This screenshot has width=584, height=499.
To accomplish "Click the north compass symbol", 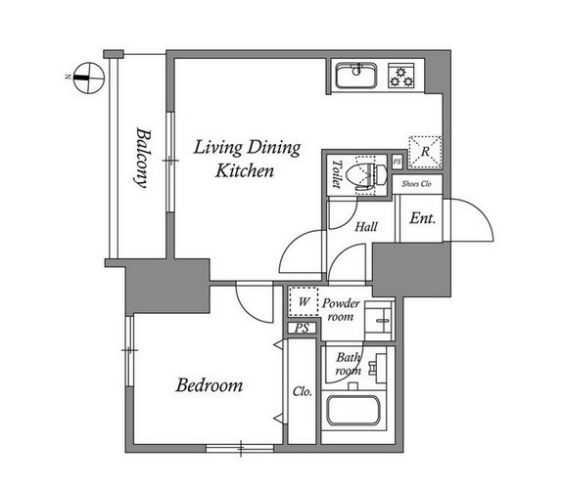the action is coord(89,78).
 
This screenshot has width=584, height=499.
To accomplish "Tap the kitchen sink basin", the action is coord(356,76).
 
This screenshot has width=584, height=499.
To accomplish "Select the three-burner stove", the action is coord(401,76).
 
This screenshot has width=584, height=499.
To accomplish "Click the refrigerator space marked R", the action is coord(425,152).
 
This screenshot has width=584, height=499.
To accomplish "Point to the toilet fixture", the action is coord(366,174).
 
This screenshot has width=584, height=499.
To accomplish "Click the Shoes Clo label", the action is coord(416,184).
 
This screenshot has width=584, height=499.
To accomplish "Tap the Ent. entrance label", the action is coord(422,218).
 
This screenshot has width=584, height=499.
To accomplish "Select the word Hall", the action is coord(366,227).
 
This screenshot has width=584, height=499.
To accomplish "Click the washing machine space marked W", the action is coord(304,301).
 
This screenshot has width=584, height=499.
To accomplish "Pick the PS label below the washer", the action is coord(302,328).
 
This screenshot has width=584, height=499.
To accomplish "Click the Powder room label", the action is coord(341,309).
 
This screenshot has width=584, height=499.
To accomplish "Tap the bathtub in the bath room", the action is coord(353,412).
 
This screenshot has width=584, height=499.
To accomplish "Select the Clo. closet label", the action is coord(302,391).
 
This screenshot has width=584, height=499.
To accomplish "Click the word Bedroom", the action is coord(209,385).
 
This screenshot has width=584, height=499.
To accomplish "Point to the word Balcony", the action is coord(143,158).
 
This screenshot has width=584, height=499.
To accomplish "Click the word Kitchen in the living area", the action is coord(245,171).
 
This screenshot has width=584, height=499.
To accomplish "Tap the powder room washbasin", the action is coord(379,321).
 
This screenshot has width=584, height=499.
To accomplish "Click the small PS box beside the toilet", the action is coord(397,162).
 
